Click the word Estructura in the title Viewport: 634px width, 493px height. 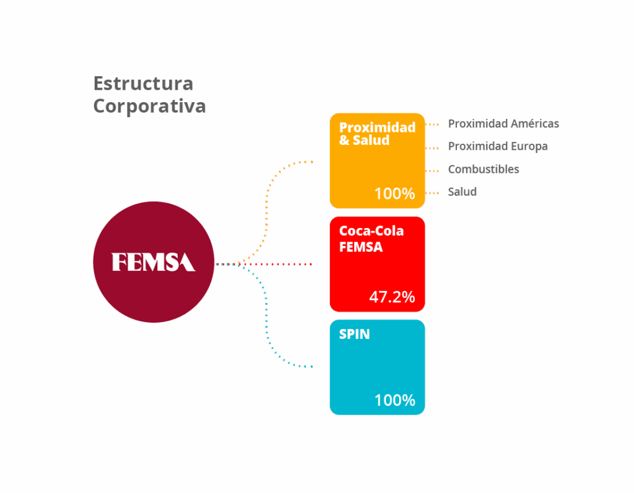pos(143,84)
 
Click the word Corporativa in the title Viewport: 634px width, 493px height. pos(150,107)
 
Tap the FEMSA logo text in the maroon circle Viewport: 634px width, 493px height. pos(154,262)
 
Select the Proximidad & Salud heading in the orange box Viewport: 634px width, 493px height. pos(377,133)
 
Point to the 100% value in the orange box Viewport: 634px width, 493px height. pos(394,194)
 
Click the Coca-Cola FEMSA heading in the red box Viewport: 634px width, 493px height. pos(371,238)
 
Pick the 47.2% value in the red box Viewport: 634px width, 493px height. pos(392,297)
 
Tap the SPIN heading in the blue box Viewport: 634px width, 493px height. pos(354,334)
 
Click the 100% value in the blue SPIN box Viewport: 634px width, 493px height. pos(394,400)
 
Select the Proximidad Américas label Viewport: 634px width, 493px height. pos(503,123)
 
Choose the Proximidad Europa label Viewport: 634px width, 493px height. pos(498,146)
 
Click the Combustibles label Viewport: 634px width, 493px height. pos(484,169)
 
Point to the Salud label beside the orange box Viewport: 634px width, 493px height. pos(462,192)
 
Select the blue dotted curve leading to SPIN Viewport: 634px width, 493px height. pos(266,320)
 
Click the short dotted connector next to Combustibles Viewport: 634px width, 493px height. pos(432,171)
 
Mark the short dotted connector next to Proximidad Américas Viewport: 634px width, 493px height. pos(432,124)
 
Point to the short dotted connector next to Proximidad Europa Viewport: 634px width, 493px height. pos(432,148)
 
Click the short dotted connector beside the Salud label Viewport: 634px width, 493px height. pos(432,193)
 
